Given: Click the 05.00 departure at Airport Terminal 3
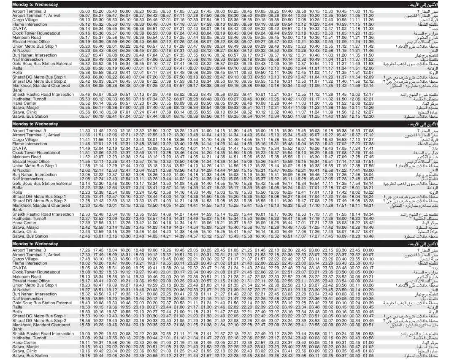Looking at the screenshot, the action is click(85, 11).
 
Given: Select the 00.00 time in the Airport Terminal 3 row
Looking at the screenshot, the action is click(368, 251).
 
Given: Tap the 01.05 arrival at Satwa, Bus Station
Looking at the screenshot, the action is click(368, 356).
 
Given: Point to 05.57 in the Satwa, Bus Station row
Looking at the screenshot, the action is click(85, 116).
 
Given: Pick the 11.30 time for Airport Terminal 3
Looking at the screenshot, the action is click(85, 131).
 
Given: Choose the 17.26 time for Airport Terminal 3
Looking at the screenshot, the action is click(85, 251).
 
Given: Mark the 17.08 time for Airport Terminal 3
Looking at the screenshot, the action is click(368, 131).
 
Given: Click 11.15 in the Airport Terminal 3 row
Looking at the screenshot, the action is click(368, 11).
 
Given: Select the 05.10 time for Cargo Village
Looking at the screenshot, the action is click(85, 20).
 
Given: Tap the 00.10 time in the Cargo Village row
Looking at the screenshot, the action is click(368, 259).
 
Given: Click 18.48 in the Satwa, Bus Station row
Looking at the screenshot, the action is click(368, 236).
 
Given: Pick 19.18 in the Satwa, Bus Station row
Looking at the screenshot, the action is click(85, 356).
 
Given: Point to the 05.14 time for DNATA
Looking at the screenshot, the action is click(85, 29).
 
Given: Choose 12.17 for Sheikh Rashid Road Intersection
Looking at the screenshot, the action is click(368, 95).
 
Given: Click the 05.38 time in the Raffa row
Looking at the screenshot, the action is click(85, 68).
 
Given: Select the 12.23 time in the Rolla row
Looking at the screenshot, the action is click(85, 192).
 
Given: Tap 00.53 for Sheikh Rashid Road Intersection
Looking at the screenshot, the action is click(368, 334).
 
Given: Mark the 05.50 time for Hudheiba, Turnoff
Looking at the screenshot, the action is click(85, 99).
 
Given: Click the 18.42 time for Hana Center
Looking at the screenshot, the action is click(368, 223).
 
